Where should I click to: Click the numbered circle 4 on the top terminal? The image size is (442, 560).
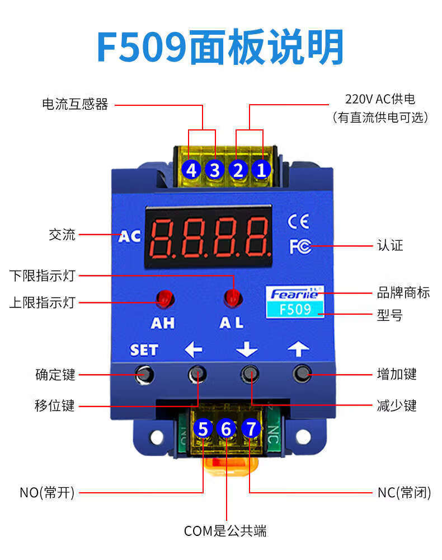[x=192, y=169]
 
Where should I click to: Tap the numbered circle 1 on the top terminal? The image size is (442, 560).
[x=261, y=169]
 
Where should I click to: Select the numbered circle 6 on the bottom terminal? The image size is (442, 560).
[x=227, y=429]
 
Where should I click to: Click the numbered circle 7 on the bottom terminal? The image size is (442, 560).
[x=251, y=429]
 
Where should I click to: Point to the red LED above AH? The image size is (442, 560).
[x=164, y=299]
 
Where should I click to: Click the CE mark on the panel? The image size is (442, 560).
[x=298, y=222]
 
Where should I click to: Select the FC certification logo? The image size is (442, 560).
[x=300, y=246]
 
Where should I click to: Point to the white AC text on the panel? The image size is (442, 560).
[x=130, y=236]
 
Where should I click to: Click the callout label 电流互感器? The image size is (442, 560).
[x=75, y=104]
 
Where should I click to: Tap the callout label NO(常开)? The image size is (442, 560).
[x=47, y=493]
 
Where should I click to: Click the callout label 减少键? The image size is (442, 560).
[x=397, y=405]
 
